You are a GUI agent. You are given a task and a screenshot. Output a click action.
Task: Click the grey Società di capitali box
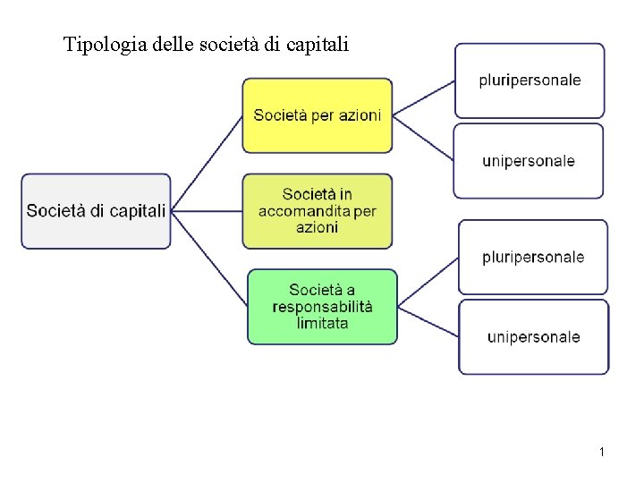[96, 211]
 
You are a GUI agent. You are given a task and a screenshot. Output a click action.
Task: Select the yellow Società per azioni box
[318, 115]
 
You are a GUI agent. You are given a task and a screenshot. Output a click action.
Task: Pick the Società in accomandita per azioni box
[318, 211]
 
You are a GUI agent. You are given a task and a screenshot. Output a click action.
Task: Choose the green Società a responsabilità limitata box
[322, 306]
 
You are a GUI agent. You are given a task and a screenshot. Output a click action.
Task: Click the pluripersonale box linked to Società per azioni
[530, 80]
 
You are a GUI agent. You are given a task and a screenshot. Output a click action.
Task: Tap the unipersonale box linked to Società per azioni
[529, 161]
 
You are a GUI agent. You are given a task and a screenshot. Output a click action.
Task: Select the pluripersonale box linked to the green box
[533, 258]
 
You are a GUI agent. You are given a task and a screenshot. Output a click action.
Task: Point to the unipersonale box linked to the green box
[534, 337]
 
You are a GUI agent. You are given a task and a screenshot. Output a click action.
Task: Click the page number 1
[602, 453]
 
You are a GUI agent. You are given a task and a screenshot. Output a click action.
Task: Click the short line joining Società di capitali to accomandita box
[206, 211]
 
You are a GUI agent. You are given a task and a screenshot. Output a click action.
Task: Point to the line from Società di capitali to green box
[209, 259]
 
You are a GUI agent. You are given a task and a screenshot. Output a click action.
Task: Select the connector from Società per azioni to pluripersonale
[424, 97]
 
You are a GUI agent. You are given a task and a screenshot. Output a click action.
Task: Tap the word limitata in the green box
[322, 323]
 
